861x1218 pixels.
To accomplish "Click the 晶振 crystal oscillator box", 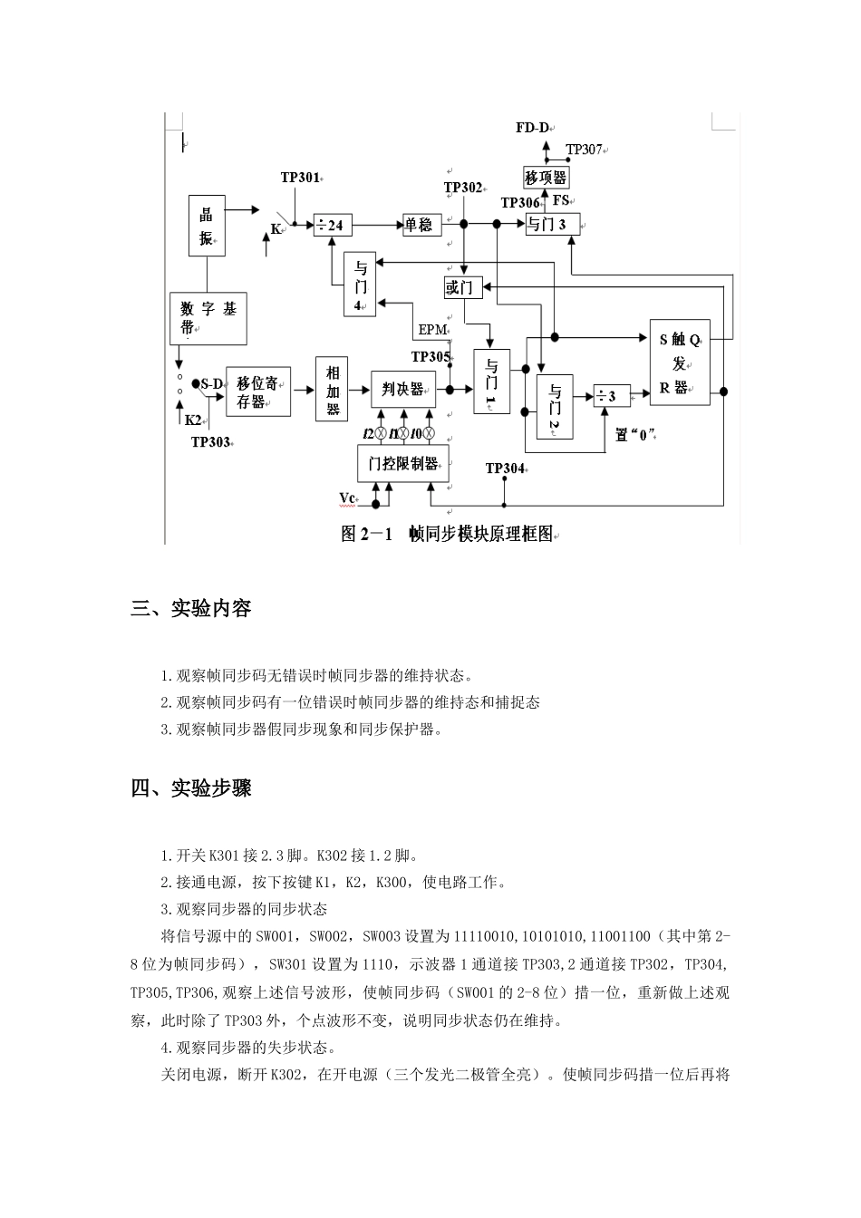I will [x=207, y=226].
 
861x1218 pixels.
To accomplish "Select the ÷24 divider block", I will [x=333, y=225].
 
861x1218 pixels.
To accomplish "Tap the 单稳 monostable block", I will [x=421, y=225].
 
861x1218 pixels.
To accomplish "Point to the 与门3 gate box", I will [x=552, y=224].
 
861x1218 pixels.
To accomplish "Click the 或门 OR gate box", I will [x=462, y=288].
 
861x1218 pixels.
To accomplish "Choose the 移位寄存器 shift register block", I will [x=258, y=392].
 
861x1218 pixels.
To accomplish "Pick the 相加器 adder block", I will [x=333, y=390].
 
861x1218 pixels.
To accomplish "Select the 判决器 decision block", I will [x=403, y=390].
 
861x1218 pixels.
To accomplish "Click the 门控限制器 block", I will [x=403, y=464].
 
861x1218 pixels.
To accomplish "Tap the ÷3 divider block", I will [x=612, y=396].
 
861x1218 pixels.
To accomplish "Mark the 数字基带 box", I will [x=208, y=318].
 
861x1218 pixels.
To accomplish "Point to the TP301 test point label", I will [x=301, y=178].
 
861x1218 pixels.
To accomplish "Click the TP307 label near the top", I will [x=585, y=150].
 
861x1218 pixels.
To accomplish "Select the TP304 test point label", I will [x=506, y=469].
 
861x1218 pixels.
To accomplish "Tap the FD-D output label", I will [x=533, y=128].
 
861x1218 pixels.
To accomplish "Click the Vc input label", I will [x=349, y=498].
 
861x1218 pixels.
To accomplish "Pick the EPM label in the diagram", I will [x=433, y=330].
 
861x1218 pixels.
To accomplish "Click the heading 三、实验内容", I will [x=191, y=609].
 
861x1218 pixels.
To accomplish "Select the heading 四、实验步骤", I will [x=191, y=788].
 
